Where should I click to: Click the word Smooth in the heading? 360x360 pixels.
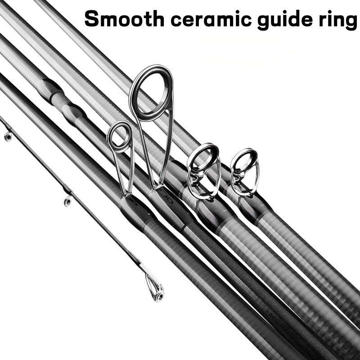click(125, 19)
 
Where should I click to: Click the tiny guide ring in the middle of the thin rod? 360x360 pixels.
click(67, 201)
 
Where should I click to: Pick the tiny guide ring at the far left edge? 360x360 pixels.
click(8, 137)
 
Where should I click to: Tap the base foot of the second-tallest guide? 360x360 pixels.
click(127, 196)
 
